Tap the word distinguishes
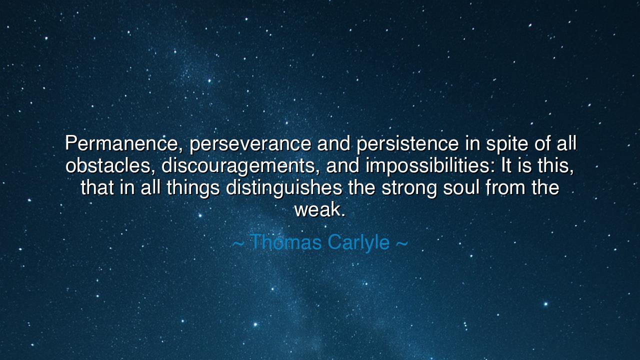pos(284,188)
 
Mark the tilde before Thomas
pos(238,243)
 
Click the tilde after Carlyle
pos(401,243)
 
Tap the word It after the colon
pos(506,166)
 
